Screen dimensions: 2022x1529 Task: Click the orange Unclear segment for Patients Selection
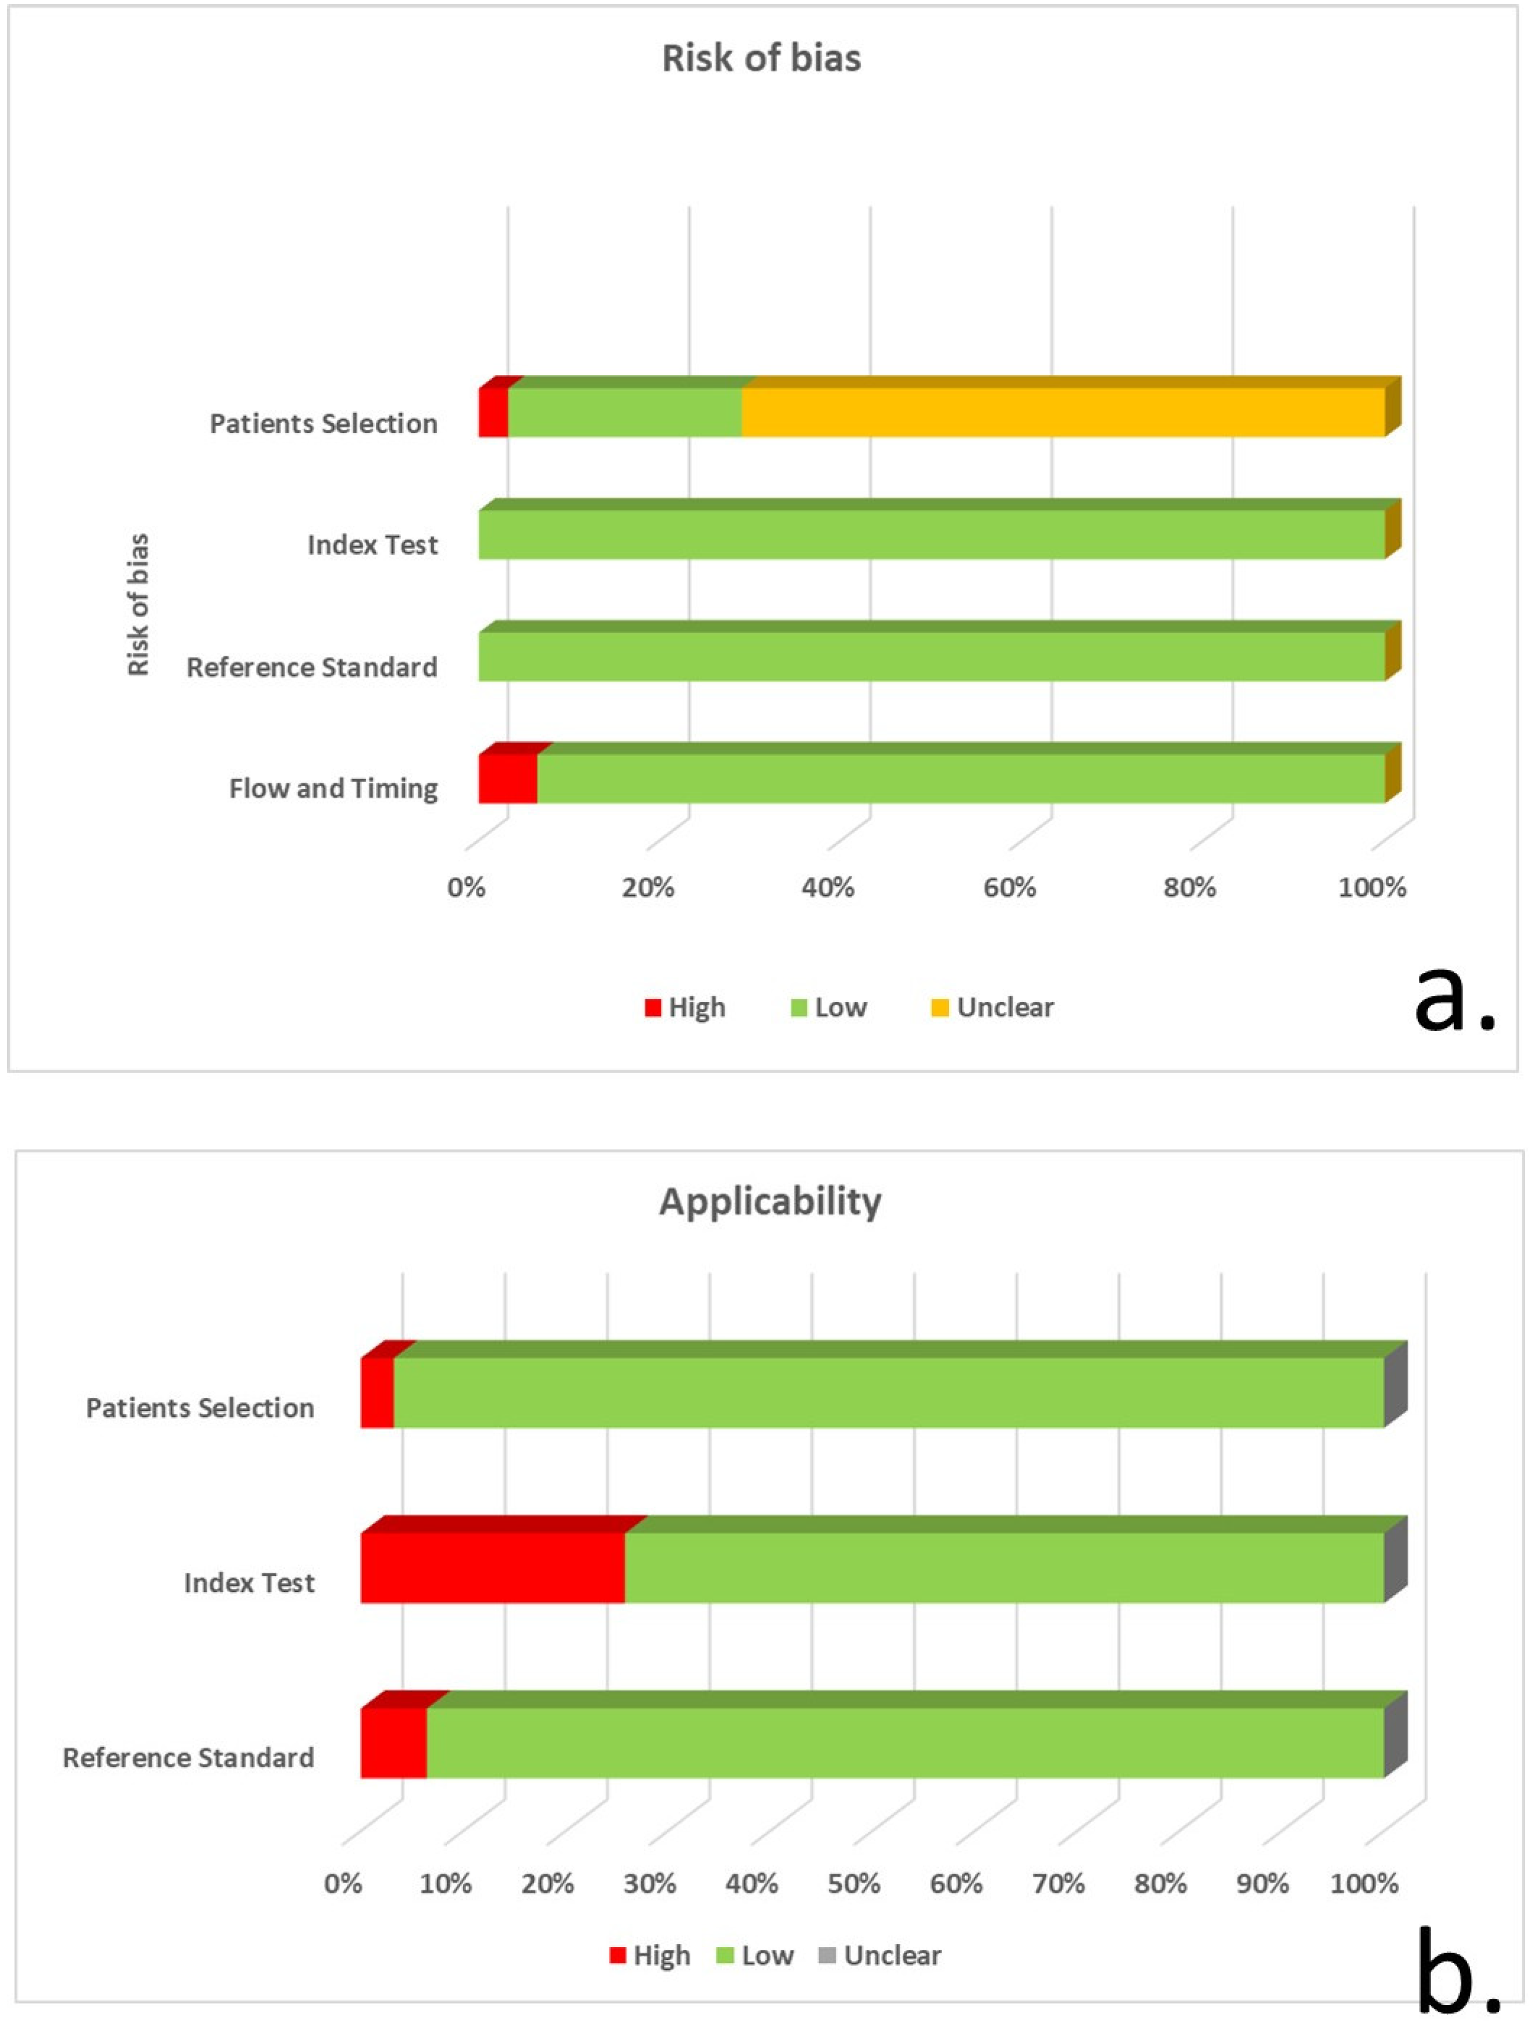pyautogui.click(x=1063, y=412)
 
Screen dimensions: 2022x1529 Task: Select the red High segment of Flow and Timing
pyautogui.click(x=507, y=778)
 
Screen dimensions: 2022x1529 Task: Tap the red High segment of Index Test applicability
pyautogui.click(x=493, y=1568)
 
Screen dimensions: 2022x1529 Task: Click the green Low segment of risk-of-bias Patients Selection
pyautogui.click(x=624, y=412)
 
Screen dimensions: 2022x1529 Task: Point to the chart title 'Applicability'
pyautogui.click(x=771, y=1201)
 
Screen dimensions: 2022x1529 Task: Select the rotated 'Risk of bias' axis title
pyautogui.click(x=138, y=604)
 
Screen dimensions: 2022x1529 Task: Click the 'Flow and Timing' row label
pyautogui.click(x=334, y=788)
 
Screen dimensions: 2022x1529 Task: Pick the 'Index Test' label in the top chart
pyautogui.click(x=373, y=545)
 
